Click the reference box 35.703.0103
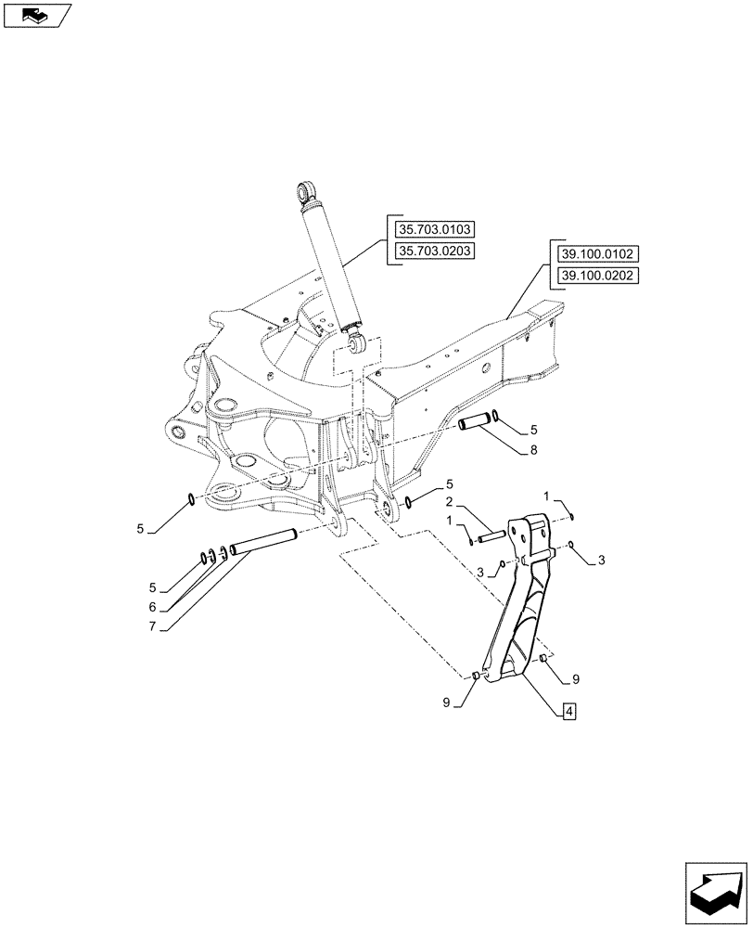434,229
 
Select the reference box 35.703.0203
434,251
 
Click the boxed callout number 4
568,712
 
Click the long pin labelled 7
263,542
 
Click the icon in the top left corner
37,15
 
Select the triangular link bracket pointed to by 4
521,603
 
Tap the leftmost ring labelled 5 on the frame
190,500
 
